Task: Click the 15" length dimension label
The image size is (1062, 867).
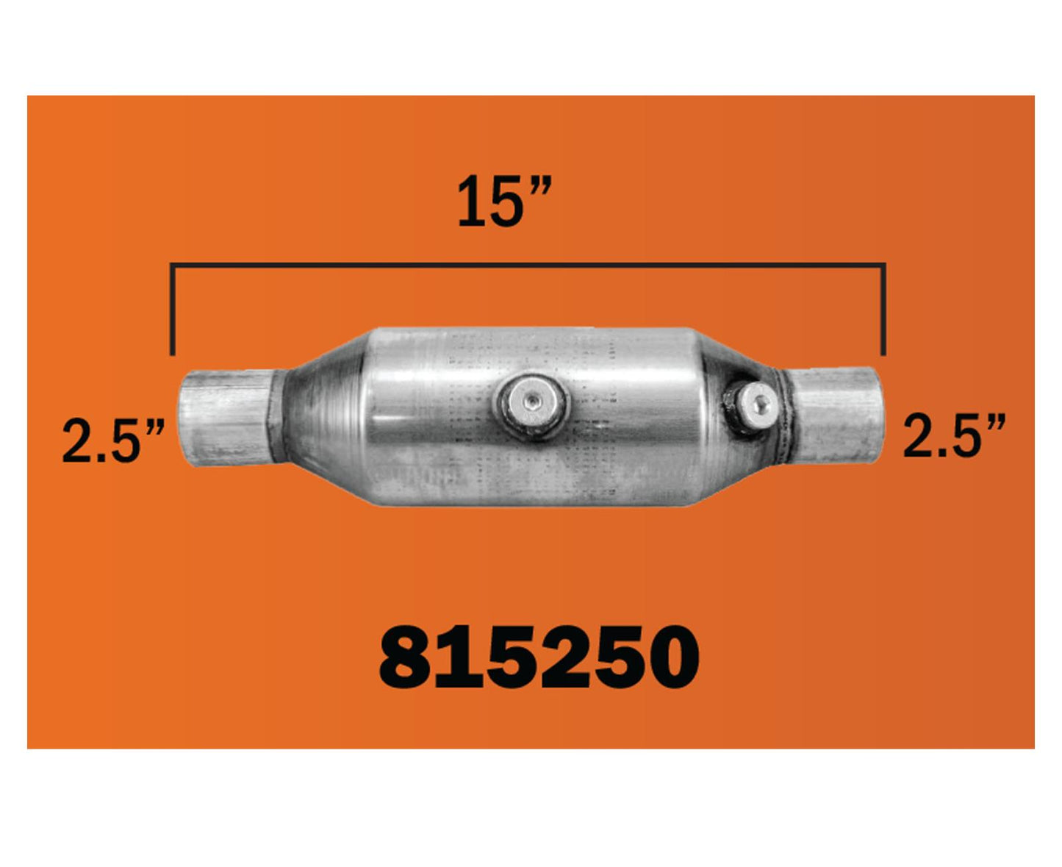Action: point(504,201)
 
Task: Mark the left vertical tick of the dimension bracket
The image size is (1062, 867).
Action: point(173,310)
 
